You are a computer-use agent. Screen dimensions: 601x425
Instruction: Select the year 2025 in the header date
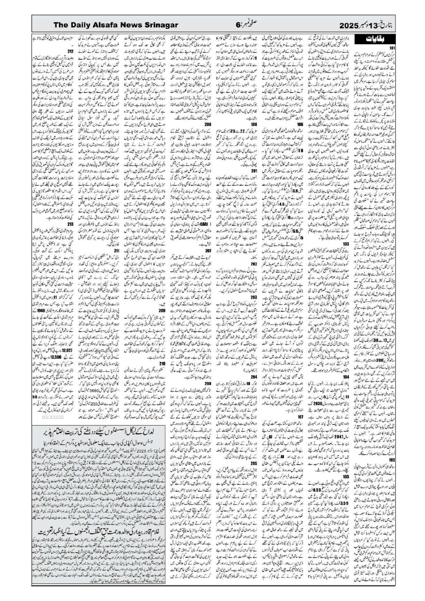click(349, 25)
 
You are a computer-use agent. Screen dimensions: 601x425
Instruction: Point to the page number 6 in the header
click(238, 25)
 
